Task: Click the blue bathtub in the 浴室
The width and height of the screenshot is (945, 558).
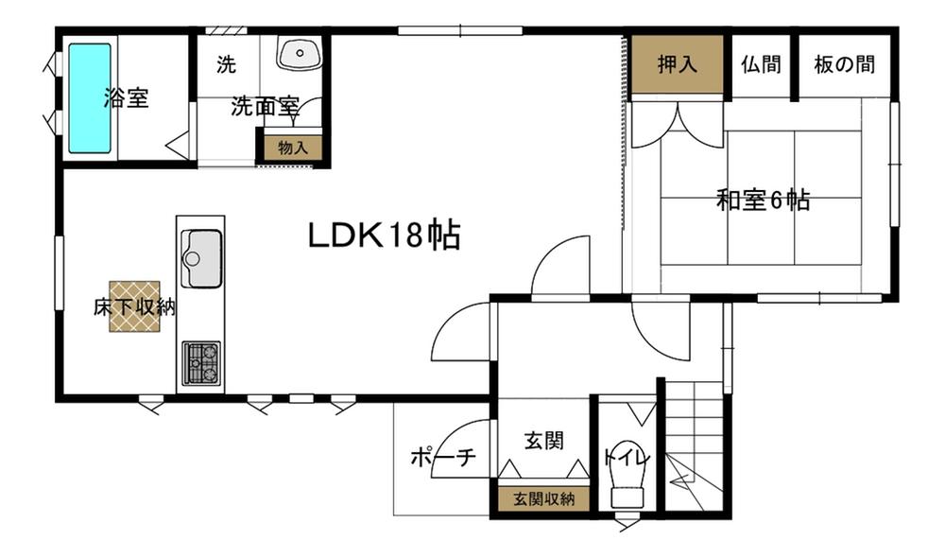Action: click(x=90, y=98)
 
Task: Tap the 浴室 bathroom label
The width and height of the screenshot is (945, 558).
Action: click(x=126, y=98)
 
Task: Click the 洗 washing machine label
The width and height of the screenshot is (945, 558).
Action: click(x=226, y=65)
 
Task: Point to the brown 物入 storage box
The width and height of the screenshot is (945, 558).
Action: click(x=293, y=148)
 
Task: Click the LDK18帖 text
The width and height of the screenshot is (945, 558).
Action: click(x=384, y=235)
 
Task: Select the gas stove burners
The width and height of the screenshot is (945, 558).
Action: click(x=200, y=362)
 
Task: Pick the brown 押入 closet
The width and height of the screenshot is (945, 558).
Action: click(x=678, y=65)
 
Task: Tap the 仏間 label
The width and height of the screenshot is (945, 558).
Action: click(x=761, y=65)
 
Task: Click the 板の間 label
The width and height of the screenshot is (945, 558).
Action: click(x=844, y=65)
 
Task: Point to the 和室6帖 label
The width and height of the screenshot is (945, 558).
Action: click(x=763, y=201)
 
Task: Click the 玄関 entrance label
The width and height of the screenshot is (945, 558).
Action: click(x=542, y=440)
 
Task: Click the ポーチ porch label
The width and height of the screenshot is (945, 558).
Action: click(x=441, y=459)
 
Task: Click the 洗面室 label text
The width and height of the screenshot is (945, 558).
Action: click(x=266, y=107)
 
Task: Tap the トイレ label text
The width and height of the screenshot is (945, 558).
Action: click(x=626, y=458)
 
